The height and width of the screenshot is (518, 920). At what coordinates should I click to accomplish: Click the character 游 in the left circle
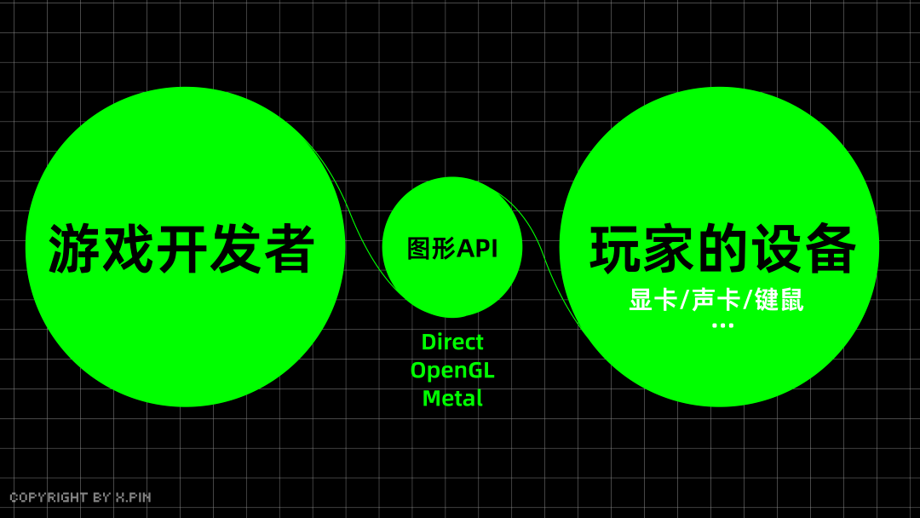(73, 249)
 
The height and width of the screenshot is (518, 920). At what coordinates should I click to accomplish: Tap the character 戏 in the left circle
(127, 249)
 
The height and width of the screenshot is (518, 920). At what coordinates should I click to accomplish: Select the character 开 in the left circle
(181, 249)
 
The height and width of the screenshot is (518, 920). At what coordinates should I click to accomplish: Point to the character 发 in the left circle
(235, 249)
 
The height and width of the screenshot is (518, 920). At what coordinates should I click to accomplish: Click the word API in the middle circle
(477, 249)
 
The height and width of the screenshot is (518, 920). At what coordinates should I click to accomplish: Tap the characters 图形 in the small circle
(431, 249)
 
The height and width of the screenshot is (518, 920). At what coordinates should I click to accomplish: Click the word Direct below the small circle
(452, 342)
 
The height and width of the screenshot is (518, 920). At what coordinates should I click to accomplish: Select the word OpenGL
(452, 371)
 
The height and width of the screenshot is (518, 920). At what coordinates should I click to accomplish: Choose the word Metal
(452, 399)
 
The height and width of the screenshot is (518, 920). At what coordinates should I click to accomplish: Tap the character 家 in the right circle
(669, 249)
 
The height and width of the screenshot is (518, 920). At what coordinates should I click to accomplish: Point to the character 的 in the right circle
(722, 249)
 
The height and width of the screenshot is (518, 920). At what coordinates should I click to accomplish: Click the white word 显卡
(653, 300)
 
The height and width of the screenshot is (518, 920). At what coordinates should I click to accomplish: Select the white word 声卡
(716, 300)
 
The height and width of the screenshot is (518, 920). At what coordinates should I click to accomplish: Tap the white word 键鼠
(779, 300)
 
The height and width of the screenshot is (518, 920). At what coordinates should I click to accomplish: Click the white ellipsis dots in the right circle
(722, 325)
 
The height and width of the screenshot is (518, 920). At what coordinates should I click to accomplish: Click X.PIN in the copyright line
(133, 498)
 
